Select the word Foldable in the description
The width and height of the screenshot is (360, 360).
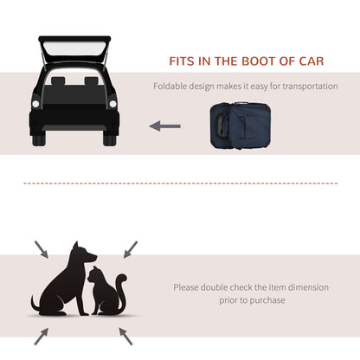pyautogui.click(x=171, y=87)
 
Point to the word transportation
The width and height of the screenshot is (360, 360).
pyautogui.click(x=306, y=87)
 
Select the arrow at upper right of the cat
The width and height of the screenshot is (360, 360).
pyautogui.click(x=130, y=249)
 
